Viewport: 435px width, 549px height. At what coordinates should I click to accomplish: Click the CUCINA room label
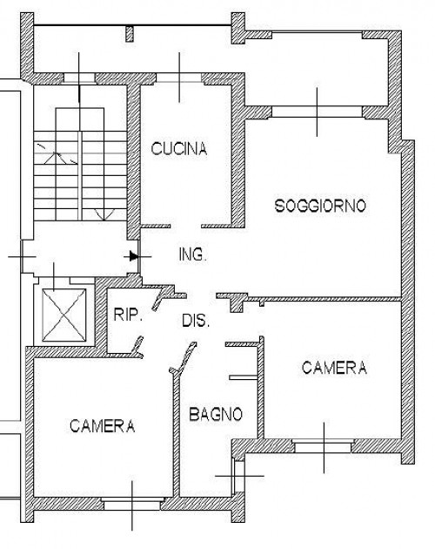[179, 149]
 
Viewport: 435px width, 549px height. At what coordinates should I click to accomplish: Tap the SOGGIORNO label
[320, 206]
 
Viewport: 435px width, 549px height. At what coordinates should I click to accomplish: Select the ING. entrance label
[192, 254]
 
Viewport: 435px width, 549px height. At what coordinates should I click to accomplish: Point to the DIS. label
[196, 321]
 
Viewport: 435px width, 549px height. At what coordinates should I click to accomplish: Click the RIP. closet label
[128, 315]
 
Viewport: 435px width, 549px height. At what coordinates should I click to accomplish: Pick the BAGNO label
[216, 414]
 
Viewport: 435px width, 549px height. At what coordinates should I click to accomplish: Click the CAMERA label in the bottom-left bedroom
[102, 426]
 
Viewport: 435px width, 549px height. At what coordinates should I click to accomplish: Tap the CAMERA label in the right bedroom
[334, 368]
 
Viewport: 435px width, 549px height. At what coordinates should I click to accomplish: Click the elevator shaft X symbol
[64, 315]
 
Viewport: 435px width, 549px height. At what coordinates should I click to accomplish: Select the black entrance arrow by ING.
[134, 256]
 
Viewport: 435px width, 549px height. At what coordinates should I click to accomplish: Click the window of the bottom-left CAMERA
[132, 503]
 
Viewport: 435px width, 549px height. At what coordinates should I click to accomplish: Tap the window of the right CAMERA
[324, 446]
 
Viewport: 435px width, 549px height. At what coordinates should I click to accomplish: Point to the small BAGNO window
[239, 477]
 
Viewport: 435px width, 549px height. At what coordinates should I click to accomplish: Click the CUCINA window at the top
[179, 79]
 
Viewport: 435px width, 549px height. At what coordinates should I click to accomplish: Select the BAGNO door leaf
[183, 357]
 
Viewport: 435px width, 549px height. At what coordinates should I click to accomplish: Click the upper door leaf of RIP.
[159, 299]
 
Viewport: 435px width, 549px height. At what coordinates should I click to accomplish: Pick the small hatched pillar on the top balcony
[130, 34]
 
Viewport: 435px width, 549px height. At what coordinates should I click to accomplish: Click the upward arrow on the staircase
[55, 158]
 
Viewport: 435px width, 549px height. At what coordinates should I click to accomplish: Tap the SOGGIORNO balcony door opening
[317, 112]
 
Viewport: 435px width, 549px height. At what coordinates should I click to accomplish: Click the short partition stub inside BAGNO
[244, 377]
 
